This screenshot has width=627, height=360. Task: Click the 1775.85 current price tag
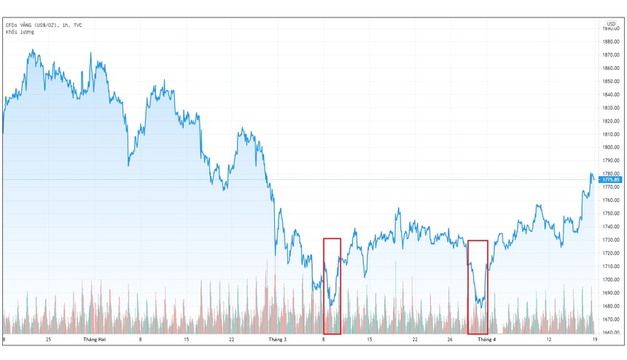pos(609,179)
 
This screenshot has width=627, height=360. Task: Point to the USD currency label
pos(611,23)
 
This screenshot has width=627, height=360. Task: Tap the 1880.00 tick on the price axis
pos(611,42)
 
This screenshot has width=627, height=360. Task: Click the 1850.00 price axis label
pos(611,81)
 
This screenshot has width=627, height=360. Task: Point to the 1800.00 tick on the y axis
pos(611,147)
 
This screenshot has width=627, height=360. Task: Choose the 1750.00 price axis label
pos(611,214)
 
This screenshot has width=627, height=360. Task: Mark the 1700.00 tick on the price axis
pos(611,280)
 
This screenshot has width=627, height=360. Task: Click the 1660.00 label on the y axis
pos(611,332)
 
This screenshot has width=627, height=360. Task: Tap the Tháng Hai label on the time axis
pos(96,340)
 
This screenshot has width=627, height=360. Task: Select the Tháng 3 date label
pos(277,340)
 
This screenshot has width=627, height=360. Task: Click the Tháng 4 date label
pos(487,340)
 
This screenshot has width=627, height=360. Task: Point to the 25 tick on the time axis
pos(48,340)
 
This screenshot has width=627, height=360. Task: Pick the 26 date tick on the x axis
pos(451,340)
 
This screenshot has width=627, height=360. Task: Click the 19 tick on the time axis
pos(595,340)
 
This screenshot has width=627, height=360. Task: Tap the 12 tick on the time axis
pos(548,340)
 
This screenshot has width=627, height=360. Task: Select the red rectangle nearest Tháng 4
pos(478,286)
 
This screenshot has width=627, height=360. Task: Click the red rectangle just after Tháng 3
pos(332,286)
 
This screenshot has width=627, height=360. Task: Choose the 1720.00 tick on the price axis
pos(611,253)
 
